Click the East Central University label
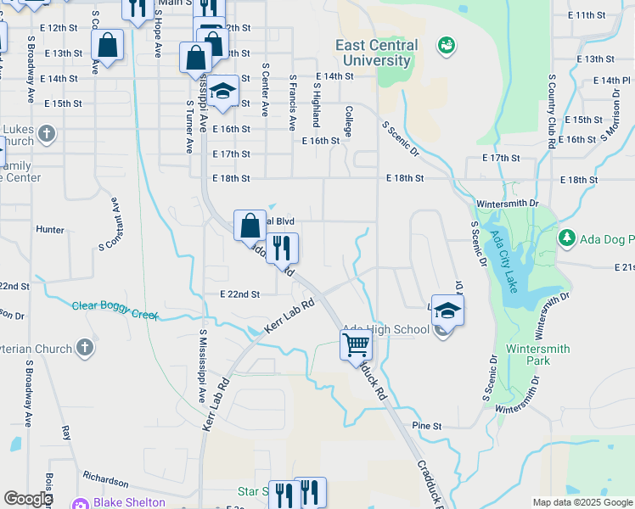tap(376, 53)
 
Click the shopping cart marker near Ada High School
tap(357, 344)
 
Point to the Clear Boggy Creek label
tap(115, 310)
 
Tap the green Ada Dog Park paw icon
tap(566, 238)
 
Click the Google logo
tap(28, 499)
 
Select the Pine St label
tap(427, 425)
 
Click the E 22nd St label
tap(239, 294)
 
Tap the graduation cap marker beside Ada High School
tap(447, 311)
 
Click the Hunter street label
tap(50, 229)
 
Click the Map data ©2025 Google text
tap(582, 502)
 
